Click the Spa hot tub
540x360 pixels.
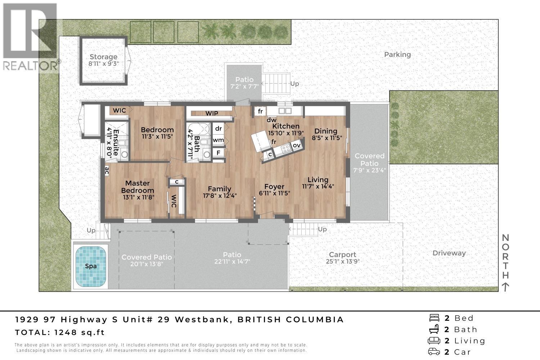91,266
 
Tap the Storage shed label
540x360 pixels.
103,57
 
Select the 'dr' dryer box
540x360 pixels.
218,129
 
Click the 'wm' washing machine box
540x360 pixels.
218,140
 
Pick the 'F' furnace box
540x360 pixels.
218,152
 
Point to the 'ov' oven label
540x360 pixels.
297,145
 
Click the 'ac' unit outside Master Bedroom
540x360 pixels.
107,170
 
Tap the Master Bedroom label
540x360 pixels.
138,187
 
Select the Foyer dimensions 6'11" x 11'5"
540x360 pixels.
274,193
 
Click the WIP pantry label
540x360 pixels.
212,113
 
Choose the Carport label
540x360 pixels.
342,255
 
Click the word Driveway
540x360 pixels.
449,253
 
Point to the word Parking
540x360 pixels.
397,55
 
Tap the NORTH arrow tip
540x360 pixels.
505,284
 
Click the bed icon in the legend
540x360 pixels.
435,318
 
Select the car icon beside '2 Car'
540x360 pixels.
435,352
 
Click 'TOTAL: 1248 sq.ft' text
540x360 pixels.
60,333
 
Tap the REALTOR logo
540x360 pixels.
31,36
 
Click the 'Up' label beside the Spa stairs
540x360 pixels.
91,230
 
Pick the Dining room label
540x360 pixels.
325,131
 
